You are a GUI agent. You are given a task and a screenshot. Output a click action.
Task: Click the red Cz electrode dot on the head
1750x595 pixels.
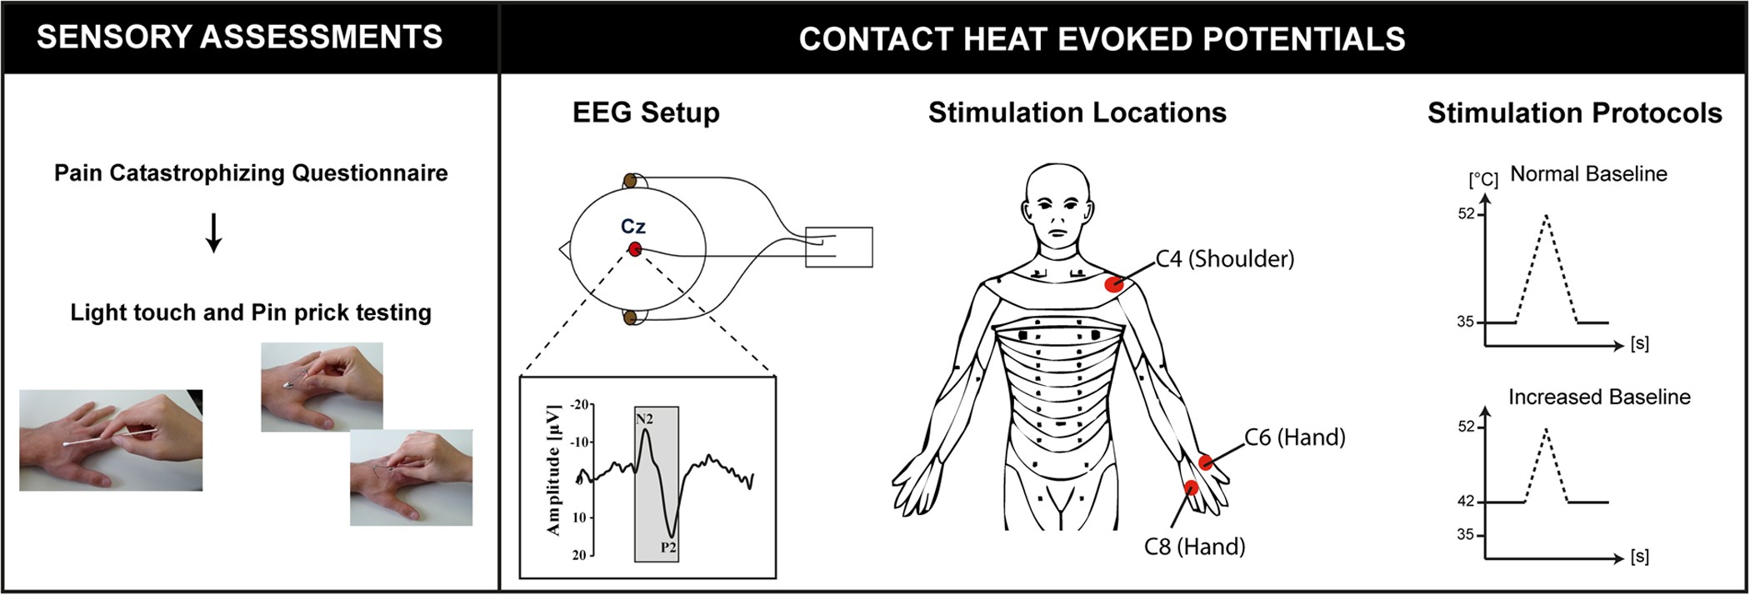pos(635,248)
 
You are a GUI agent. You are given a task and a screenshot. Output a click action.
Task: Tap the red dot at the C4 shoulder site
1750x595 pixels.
pos(1114,284)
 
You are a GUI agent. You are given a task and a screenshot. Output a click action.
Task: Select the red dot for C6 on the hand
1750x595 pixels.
pos(1206,462)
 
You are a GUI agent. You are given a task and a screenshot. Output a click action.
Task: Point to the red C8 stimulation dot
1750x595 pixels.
pos(1191,487)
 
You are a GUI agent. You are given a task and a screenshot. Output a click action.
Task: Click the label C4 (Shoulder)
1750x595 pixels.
pos(1224,259)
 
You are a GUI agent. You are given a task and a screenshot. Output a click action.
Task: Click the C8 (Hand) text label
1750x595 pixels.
pos(1194,547)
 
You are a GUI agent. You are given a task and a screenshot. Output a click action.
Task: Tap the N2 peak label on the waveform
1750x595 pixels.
pos(644,419)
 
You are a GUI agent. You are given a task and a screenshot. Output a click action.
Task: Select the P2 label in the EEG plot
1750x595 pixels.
pos(668,547)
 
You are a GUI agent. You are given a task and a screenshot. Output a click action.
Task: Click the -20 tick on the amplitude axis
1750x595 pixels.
pos(579,405)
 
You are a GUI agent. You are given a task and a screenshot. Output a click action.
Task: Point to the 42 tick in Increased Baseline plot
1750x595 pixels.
pos(1466,502)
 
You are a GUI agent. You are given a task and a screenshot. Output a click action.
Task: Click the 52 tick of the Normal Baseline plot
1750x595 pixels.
pos(1466,214)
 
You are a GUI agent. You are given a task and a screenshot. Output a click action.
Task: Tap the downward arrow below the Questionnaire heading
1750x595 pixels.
pos(213,233)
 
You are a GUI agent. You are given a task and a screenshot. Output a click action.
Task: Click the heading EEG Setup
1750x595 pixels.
pos(646,113)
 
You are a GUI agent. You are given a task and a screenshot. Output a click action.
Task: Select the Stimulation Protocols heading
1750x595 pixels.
pos(1574,113)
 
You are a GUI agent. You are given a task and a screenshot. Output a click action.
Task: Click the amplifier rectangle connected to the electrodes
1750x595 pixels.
pos(838,247)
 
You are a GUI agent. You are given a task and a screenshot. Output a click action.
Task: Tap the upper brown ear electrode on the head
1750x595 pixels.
pos(630,181)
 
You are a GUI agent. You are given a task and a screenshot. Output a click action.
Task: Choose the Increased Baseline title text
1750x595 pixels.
pos(1599,397)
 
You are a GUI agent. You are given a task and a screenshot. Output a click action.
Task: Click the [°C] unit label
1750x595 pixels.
pos(1482,180)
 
